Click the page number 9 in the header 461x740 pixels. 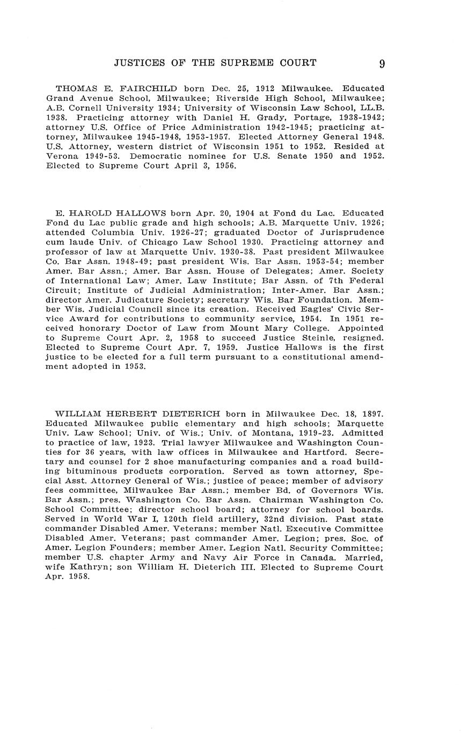coord(382,64)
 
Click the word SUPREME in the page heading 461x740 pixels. coord(247,63)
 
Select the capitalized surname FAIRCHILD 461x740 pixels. coord(151,88)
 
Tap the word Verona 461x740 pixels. coord(62,156)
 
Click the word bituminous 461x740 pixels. coord(88,471)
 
